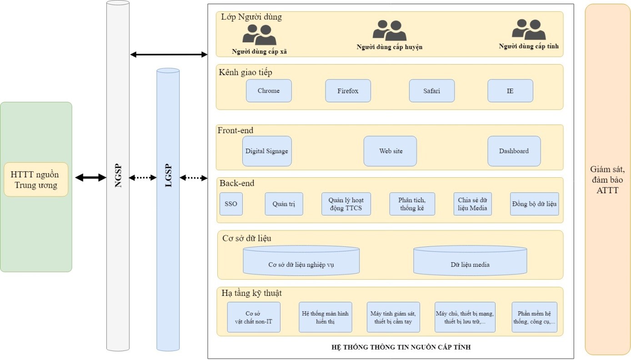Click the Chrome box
pos(269,91)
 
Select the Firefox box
pos(348,91)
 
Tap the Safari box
pos(431,91)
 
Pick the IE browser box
pos(510,91)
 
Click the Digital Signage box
pos(267,151)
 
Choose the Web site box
pos(390,151)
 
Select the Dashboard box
pos(514,151)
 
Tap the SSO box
pos(231,204)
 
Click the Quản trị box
pos(284,204)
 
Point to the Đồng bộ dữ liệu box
pos(534,204)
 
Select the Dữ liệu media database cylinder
pos(470,260)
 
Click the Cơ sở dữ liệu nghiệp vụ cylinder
pos(301,260)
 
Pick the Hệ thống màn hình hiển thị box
pos(326,317)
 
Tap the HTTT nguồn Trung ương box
pos(36,180)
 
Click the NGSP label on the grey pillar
pos(118,175)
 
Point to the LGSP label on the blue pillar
pos(168,175)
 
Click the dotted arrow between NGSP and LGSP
pos(143,177)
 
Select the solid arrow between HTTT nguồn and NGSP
pos(91,177)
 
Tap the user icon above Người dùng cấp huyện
pos(390,30)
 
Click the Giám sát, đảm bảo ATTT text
pos(607,180)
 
